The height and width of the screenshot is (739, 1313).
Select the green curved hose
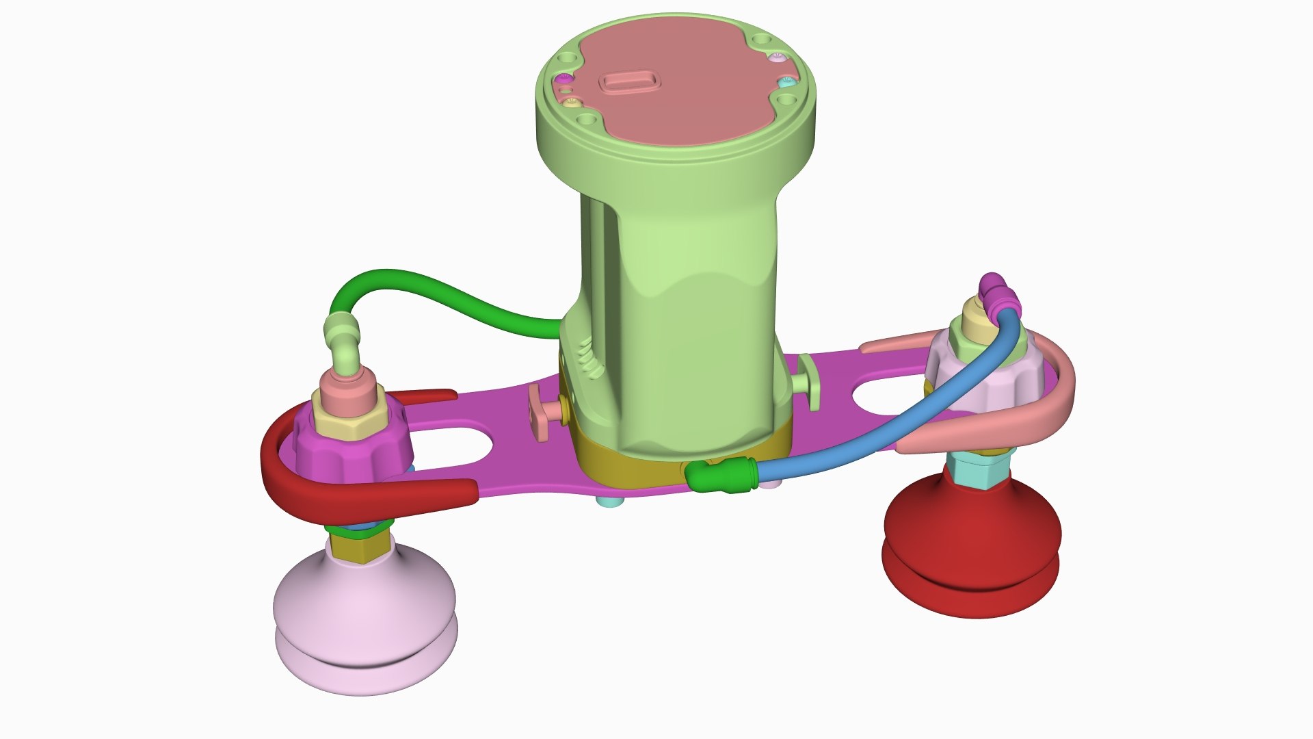click(438, 287)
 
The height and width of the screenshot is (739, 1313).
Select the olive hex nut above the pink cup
click(359, 547)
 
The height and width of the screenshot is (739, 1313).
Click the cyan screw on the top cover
click(787, 81)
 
